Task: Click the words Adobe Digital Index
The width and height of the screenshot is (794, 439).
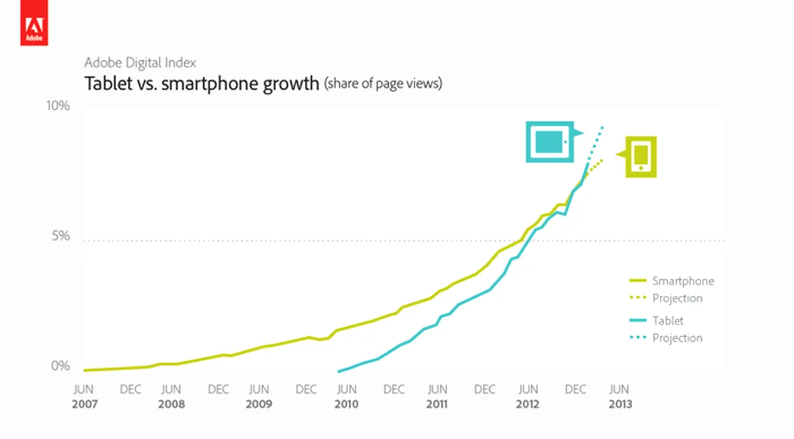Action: pos(140,63)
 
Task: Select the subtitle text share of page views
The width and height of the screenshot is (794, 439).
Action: pos(383,84)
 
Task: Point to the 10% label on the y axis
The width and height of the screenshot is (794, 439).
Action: pos(58,105)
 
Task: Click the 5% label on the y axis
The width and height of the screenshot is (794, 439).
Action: pos(61,236)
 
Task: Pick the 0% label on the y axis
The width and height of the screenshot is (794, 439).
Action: pos(61,366)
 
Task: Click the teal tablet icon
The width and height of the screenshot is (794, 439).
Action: pos(549,142)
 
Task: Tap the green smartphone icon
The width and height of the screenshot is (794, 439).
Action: pos(640,157)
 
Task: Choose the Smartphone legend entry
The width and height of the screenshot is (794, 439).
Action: pos(682,281)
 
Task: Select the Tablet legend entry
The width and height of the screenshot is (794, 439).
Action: pos(667,320)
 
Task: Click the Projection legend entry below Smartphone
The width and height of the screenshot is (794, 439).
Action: pos(677,299)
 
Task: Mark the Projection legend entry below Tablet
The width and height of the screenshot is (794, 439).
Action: pos(677,338)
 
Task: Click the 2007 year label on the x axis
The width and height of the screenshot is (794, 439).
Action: pos(85,405)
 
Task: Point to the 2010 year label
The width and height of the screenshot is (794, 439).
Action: pos(346,405)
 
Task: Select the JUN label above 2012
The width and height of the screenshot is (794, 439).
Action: pos(529,389)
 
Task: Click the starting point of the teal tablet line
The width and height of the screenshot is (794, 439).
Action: pos(339,372)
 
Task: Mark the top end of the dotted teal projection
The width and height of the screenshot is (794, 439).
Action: pos(603,127)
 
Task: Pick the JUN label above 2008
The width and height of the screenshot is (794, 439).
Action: pos(171,389)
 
